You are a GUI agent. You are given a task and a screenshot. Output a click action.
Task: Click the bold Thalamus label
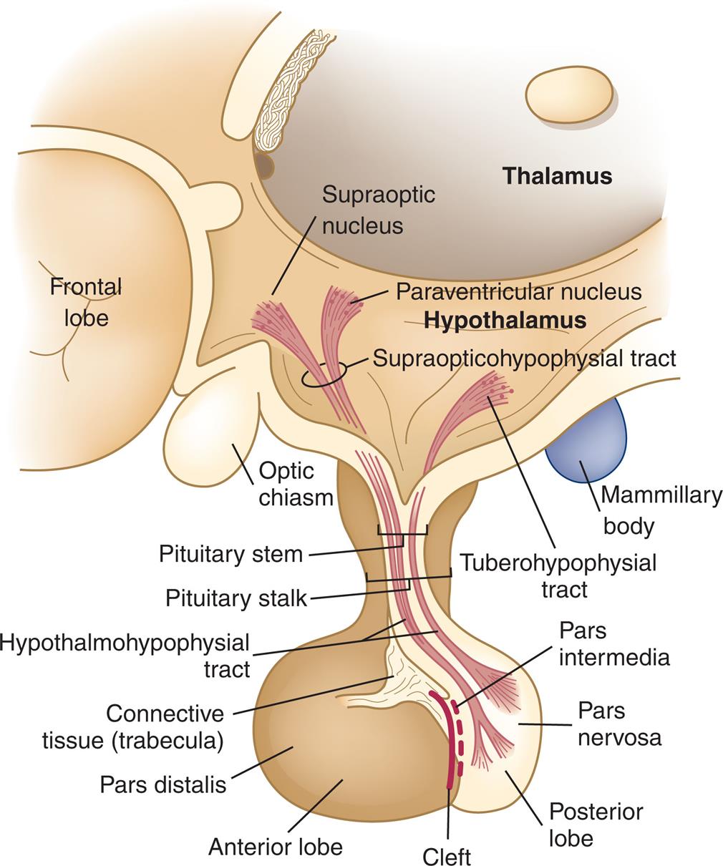click(x=557, y=176)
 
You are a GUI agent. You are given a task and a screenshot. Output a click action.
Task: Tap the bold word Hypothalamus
click(x=505, y=320)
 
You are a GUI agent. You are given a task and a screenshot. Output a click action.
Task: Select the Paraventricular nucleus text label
click(x=518, y=292)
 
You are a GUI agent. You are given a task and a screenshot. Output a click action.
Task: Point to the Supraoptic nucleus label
click(x=378, y=210)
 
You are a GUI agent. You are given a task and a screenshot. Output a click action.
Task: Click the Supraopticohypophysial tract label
click(x=524, y=358)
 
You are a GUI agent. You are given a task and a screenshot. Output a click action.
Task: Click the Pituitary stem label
click(x=231, y=554)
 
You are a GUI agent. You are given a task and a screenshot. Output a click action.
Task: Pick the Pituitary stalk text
click(x=236, y=598)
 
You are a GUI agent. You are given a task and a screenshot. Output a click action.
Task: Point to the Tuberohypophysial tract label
click(x=558, y=575)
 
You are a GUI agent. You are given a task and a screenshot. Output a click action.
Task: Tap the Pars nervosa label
click(x=619, y=724)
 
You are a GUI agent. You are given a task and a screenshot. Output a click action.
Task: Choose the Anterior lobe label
click(x=276, y=847)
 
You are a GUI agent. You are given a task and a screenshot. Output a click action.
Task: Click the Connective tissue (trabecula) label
click(x=133, y=726)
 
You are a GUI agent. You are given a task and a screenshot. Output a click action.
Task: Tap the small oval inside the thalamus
click(x=570, y=94)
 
